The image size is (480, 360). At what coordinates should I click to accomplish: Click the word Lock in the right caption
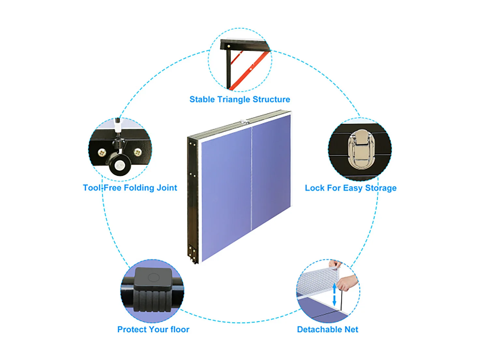click(314, 188)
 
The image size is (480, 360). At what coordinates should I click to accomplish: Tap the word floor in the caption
click(180, 329)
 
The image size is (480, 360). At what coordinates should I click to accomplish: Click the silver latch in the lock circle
click(361, 150)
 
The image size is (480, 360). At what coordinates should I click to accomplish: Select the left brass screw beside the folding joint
click(102, 152)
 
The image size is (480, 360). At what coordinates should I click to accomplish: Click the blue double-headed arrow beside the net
click(334, 294)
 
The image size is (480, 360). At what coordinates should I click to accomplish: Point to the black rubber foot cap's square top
click(153, 278)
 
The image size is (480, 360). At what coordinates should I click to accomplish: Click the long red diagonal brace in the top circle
click(249, 70)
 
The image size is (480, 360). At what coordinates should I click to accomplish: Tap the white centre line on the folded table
click(252, 178)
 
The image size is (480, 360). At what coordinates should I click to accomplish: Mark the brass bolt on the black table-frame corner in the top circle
click(228, 46)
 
